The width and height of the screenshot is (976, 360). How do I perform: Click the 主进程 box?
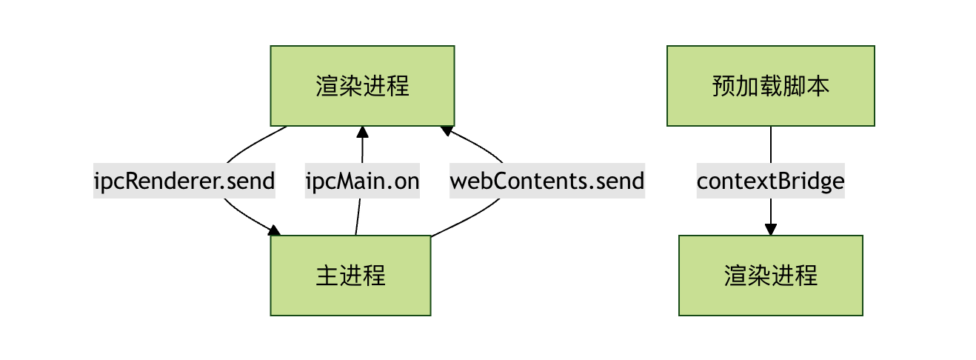point(350,276)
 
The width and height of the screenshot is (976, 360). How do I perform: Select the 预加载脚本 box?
point(770,86)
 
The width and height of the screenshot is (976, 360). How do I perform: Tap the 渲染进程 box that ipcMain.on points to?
point(361,86)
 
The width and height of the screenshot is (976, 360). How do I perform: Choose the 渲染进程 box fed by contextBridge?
point(770,276)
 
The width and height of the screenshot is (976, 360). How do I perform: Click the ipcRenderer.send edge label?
point(184,181)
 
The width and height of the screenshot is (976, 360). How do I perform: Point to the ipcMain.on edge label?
point(362,181)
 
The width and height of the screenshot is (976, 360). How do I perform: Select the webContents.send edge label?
point(547,181)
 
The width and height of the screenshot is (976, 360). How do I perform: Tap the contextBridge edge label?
point(770,181)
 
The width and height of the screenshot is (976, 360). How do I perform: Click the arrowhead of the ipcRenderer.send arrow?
point(275,231)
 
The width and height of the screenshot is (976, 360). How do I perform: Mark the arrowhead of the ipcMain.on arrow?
point(362,132)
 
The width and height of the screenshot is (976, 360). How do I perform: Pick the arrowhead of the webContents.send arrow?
point(447,130)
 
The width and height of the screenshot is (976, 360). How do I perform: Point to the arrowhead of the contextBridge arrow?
point(770,230)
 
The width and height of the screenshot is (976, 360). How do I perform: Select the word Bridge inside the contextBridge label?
point(817,181)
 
